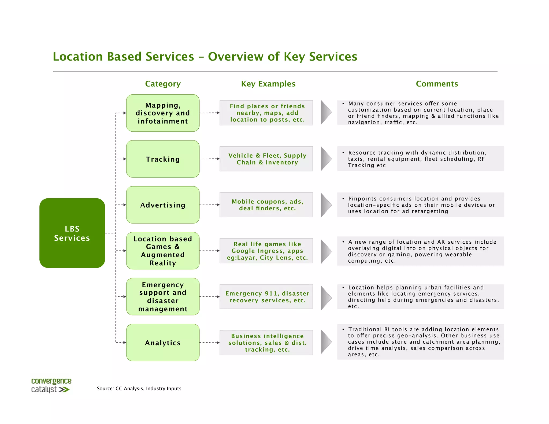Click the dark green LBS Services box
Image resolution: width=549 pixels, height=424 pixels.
pos(72,233)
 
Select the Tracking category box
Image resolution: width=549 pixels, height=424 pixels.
pos(163,159)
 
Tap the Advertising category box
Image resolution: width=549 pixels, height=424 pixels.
pos(163,205)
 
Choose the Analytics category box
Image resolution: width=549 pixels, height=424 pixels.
pos(163,343)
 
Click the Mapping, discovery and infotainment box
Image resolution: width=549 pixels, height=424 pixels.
pos(163,113)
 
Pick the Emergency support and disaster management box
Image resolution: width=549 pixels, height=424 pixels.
pos(163,297)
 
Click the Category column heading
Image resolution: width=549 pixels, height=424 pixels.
pos(163,84)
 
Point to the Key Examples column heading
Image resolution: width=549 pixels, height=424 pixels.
pos(268,84)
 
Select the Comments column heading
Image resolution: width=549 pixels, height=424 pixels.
pos(437,84)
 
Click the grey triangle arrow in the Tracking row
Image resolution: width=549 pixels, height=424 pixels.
pos(325,159)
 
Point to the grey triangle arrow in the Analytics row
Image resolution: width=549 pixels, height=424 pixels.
pos(325,342)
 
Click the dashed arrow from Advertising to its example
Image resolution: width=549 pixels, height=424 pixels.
pos(209,205)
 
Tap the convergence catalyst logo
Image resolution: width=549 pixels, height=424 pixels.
pos(51,385)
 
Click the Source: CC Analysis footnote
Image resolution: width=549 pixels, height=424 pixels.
pos(139,389)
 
